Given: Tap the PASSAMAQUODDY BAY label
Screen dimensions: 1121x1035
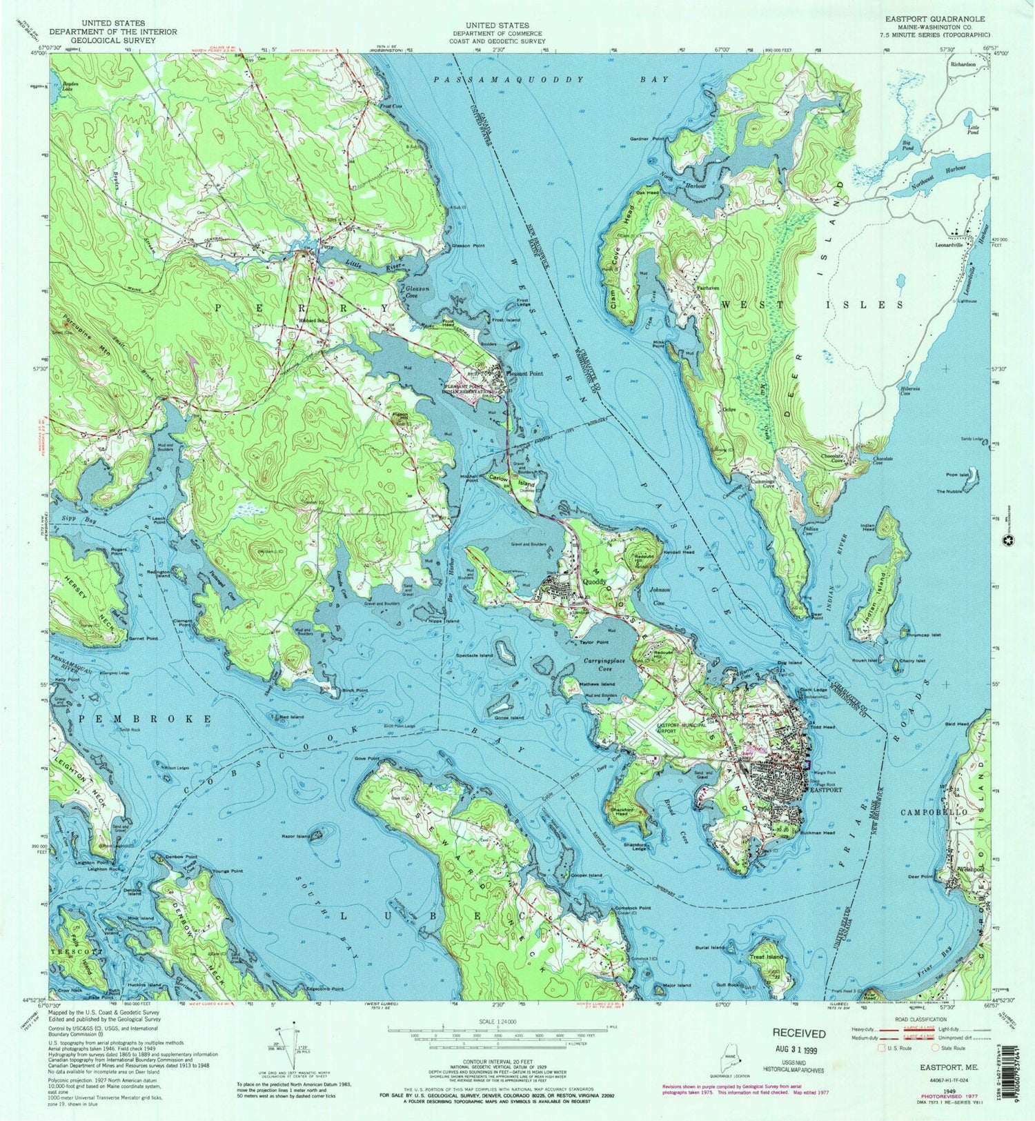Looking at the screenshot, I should [551, 80].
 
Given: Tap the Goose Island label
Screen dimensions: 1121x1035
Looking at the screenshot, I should [509, 718].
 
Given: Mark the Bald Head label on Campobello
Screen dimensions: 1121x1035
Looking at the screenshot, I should [956, 724].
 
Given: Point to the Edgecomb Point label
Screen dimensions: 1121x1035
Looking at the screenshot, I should [324, 989].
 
